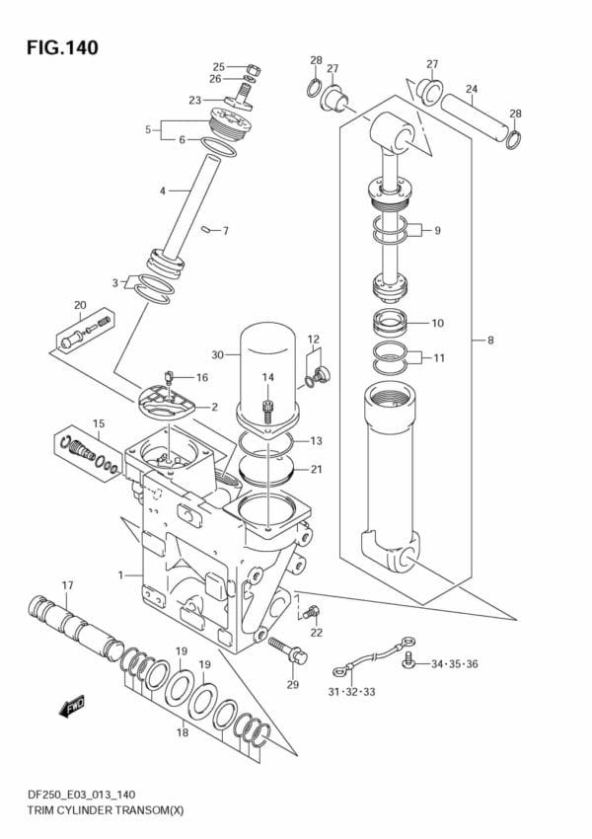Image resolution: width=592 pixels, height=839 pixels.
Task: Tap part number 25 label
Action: click(x=218, y=67)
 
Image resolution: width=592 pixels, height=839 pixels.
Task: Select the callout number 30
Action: click(x=217, y=354)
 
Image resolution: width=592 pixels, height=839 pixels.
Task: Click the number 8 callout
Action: click(x=489, y=342)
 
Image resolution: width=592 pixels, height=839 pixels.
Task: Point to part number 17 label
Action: click(x=67, y=585)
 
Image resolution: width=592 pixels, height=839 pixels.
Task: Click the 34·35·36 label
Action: click(x=455, y=663)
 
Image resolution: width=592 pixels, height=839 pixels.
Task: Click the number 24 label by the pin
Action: click(x=472, y=90)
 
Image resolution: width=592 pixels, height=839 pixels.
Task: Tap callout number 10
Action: click(x=437, y=323)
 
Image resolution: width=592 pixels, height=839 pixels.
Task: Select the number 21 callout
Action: click(x=316, y=469)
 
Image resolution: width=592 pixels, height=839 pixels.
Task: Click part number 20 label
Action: click(x=80, y=304)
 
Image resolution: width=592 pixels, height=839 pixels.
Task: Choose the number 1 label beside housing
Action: click(x=120, y=574)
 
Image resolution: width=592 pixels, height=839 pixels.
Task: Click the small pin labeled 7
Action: click(x=206, y=230)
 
